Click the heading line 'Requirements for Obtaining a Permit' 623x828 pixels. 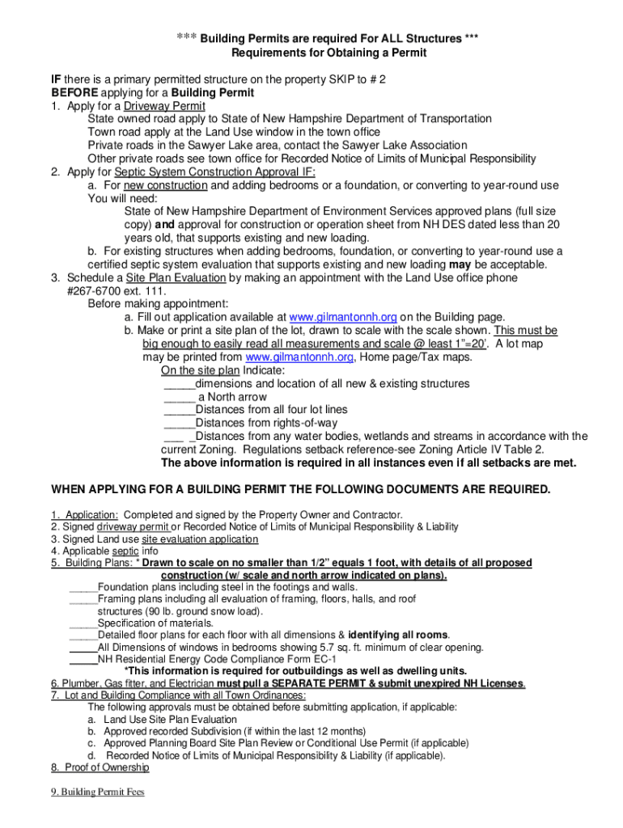(x=328, y=53)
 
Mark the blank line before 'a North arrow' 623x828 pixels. (x=179, y=397)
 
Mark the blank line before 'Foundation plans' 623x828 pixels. (x=83, y=587)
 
